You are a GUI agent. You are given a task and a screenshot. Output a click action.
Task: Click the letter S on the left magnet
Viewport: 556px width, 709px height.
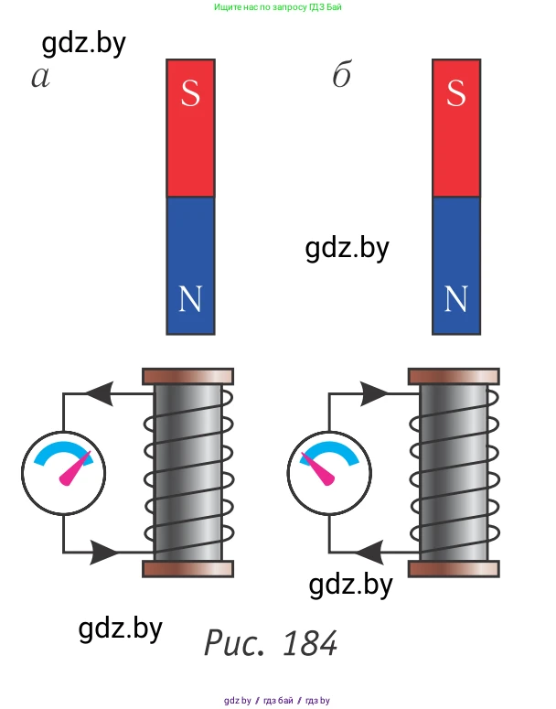[x=190, y=93]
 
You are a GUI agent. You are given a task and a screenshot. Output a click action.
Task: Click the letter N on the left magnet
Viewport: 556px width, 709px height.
[x=190, y=298]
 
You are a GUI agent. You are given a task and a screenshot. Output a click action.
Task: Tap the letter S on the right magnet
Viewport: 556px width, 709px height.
[x=455, y=93]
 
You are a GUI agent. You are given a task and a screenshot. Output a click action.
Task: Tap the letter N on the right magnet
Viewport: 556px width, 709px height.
[x=455, y=298]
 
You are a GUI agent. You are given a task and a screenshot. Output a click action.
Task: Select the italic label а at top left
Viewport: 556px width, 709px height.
[x=40, y=78]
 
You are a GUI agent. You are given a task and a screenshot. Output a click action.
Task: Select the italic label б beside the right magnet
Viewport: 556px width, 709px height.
[x=342, y=76]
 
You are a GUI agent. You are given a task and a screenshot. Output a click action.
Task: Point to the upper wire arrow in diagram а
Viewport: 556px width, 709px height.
[x=100, y=394]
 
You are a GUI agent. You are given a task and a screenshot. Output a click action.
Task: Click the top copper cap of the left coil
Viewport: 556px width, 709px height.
[x=188, y=376]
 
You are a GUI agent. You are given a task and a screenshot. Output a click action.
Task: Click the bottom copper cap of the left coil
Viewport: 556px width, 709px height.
[x=188, y=569]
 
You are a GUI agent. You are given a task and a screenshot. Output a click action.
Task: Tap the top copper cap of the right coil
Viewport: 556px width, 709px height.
[x=454, y=376]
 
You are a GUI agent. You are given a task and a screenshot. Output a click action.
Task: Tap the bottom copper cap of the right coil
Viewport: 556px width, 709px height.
[x=454, y=569]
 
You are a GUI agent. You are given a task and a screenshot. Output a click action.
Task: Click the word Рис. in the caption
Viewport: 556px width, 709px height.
[x=235, y=643]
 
